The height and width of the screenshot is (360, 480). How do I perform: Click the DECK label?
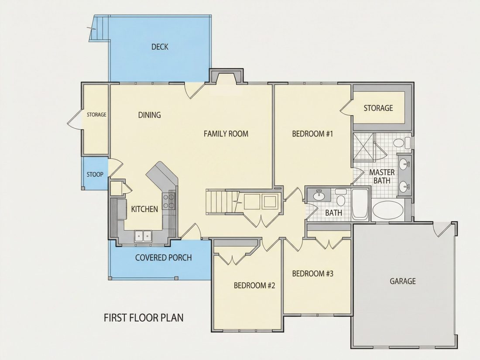click(160, 47)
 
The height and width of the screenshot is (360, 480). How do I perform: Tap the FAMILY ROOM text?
click(226, 134)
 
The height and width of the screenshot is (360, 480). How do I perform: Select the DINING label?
click(149, 115)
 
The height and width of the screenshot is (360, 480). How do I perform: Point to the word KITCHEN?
click(144, 209)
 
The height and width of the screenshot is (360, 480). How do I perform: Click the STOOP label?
click(95, 175)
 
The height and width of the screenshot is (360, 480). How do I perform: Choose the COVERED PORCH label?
click(164, 258)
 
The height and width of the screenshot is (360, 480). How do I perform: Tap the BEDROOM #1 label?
click(312, 134)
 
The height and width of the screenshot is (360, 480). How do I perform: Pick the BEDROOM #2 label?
click(254, 286)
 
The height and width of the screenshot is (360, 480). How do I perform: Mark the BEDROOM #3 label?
click(312, 273)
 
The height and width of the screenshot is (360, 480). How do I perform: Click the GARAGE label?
click(403, 281)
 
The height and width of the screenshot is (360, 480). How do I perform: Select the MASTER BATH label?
click(382, 177)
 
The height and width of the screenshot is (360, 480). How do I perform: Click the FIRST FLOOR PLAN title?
click(144, 318)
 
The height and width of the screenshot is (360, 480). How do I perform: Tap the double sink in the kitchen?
click(143, 236)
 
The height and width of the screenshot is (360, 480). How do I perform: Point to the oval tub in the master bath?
click(387, 210)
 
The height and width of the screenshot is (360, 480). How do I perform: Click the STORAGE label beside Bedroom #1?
click(378, 108)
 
